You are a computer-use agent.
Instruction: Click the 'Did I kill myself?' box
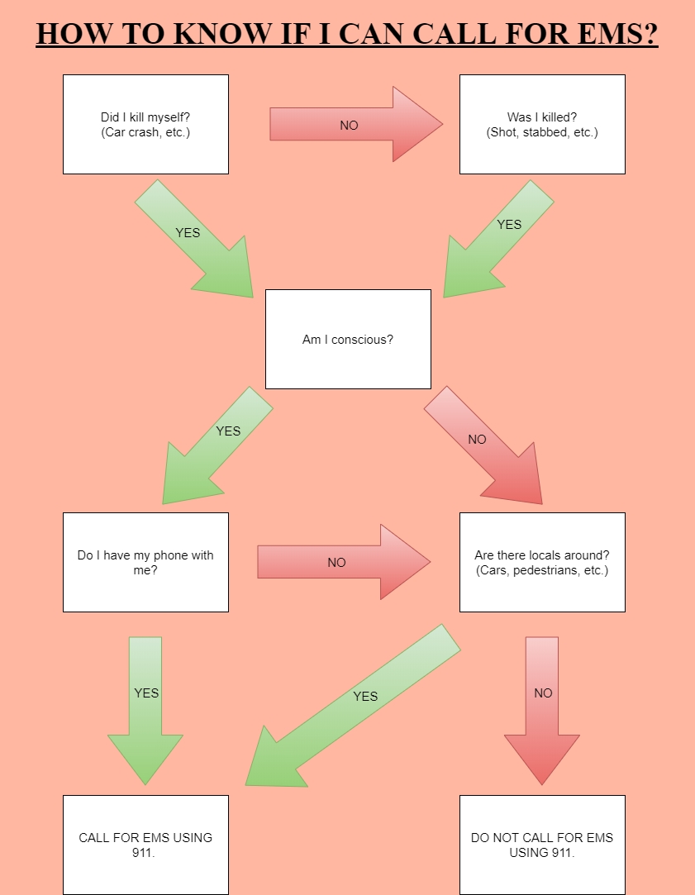pos(145,124)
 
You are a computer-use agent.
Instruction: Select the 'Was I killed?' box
pos(542,124)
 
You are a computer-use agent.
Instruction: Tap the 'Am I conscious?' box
pos(348,339)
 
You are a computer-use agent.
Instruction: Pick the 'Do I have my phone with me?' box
pos(145,562)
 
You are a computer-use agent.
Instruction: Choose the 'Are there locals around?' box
pos(542,562)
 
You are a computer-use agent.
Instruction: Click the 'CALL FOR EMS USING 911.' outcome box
pos(145,844)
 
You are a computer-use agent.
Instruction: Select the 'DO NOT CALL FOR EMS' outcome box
pos(542,844)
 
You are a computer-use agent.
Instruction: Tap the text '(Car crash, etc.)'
pos(145,132)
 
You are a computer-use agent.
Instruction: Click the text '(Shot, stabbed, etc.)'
pos(542,132)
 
